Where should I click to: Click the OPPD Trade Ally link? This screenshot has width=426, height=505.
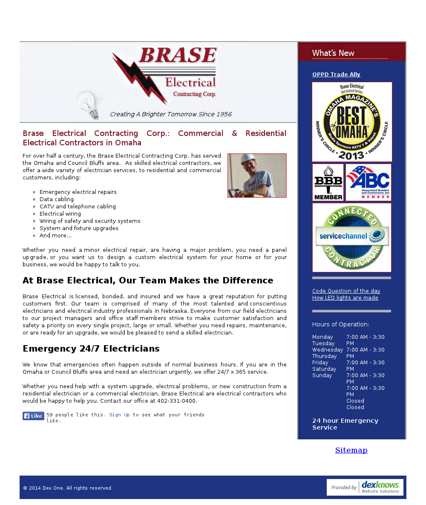coord(336,75)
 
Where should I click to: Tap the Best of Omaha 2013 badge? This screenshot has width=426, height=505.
coord(352,122)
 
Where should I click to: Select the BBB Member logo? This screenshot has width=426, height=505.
coord(328,182)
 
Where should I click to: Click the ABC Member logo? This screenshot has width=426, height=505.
coord(368,182)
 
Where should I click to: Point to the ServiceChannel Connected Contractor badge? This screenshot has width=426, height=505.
coord(352,237)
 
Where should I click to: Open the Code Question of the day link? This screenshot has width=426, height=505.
coord(346,291)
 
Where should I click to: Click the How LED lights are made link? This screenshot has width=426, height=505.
coord(345,298)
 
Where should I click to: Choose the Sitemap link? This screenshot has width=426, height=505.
coord(351,450)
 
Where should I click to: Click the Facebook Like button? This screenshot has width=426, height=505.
coord(33,416)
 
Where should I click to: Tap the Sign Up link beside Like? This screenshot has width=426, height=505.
coord(119,415)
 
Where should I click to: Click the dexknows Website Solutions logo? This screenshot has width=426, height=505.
coord(365,487)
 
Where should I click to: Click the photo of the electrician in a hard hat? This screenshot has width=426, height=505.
coord(257,176)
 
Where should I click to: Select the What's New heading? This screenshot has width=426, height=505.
coord(333,53)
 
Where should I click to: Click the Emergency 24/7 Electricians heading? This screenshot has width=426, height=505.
coord(91,349)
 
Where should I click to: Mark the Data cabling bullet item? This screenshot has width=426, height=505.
coord(57,199)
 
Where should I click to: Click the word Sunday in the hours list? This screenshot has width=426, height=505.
coord(322,375)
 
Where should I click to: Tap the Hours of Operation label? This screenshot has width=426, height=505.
coord(341,324)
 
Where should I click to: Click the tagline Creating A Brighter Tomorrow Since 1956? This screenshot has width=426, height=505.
coord(170,114)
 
